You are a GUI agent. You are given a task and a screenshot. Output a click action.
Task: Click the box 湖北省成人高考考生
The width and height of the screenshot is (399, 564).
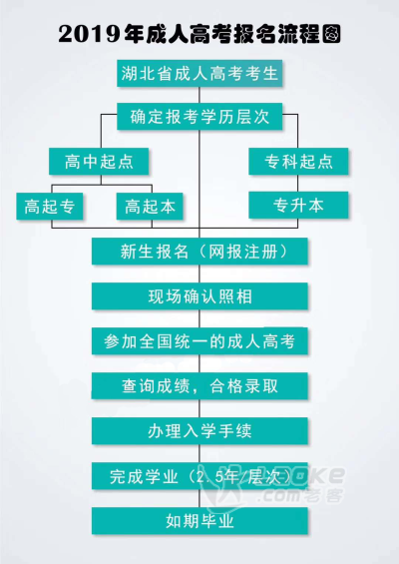click(x=199, y=74)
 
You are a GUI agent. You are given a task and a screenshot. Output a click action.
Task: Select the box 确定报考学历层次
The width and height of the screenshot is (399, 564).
click(x=199, y=117)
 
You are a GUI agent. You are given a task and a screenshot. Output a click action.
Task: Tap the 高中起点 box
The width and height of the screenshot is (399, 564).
click(x=99, y=162)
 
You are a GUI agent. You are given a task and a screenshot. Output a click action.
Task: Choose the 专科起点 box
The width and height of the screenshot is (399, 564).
click(x=298, y=162)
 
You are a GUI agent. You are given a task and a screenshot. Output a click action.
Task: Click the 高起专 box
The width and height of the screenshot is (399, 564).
click(x=50, y=206)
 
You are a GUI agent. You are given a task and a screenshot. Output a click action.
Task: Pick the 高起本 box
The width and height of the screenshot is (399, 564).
click(x=150, y=206)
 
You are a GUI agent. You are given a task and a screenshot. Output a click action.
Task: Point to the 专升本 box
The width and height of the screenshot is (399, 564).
click(x=298, y=205)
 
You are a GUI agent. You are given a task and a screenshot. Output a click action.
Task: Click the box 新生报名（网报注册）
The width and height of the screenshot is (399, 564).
click(x=199, y=252)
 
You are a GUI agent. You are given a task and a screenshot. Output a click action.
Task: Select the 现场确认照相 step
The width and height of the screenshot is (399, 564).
click(x=199, y=296)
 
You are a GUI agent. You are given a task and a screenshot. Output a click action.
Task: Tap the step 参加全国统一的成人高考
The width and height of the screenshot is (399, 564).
click(x=199, y=341)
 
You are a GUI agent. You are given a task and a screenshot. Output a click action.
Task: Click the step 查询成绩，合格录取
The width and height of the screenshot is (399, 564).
click(x=199, y=386)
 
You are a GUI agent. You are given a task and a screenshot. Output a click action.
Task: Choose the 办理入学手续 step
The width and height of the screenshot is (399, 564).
click(x=199, y=431)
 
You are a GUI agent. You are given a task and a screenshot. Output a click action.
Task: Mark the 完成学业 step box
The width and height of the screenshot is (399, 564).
click(x=199, y=476)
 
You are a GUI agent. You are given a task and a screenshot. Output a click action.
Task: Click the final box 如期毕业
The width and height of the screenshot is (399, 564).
click(x=199, y=521)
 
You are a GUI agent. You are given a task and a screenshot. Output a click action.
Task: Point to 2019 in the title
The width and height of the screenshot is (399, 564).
click(x=89, y=34)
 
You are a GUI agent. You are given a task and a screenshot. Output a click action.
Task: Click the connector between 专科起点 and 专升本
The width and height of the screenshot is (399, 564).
click(x=297, y=184)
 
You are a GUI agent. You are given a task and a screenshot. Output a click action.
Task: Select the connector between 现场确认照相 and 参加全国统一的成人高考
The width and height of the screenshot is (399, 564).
click(x=199, y=318)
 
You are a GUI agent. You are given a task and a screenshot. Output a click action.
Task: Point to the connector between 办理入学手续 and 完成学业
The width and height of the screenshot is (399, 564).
click(x=199, y=453)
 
